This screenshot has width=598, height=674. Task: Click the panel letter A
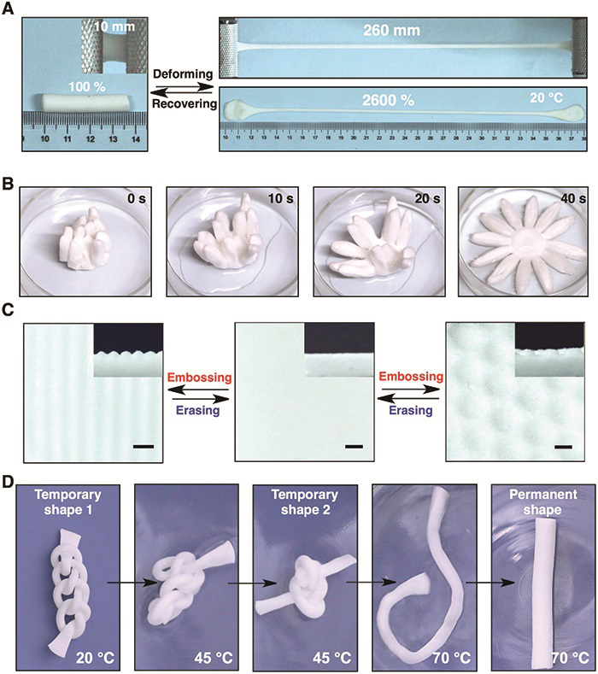click(x=9, y=9)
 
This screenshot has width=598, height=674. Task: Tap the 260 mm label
click(x=391, y=31)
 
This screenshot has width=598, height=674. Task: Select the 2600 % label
click(x=388, y=100)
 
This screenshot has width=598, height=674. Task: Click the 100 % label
click(x=87, y=87)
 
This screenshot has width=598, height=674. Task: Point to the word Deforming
click(x=183, y=74)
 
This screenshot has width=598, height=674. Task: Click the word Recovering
click(x=185, y=103)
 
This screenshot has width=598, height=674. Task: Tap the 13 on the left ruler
click(x=113, y=139)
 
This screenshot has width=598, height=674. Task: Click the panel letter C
click(x=9, y=310)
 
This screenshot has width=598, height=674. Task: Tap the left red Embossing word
click(x=200, y=378)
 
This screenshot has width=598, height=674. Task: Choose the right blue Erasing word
click(x=411, y=410)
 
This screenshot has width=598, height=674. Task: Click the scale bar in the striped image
click(x=144, y=447)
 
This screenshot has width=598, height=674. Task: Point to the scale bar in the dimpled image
click(x=563, y=447)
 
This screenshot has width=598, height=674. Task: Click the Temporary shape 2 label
click(x=305, y=502)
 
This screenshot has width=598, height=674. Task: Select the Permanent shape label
click(x=543, y=502)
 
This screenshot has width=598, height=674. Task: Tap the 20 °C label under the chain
click(x=96, y=657)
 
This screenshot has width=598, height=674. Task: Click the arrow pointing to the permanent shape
click(x=490, y=583)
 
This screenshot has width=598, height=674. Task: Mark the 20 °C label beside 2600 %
click(x=546, y=98)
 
